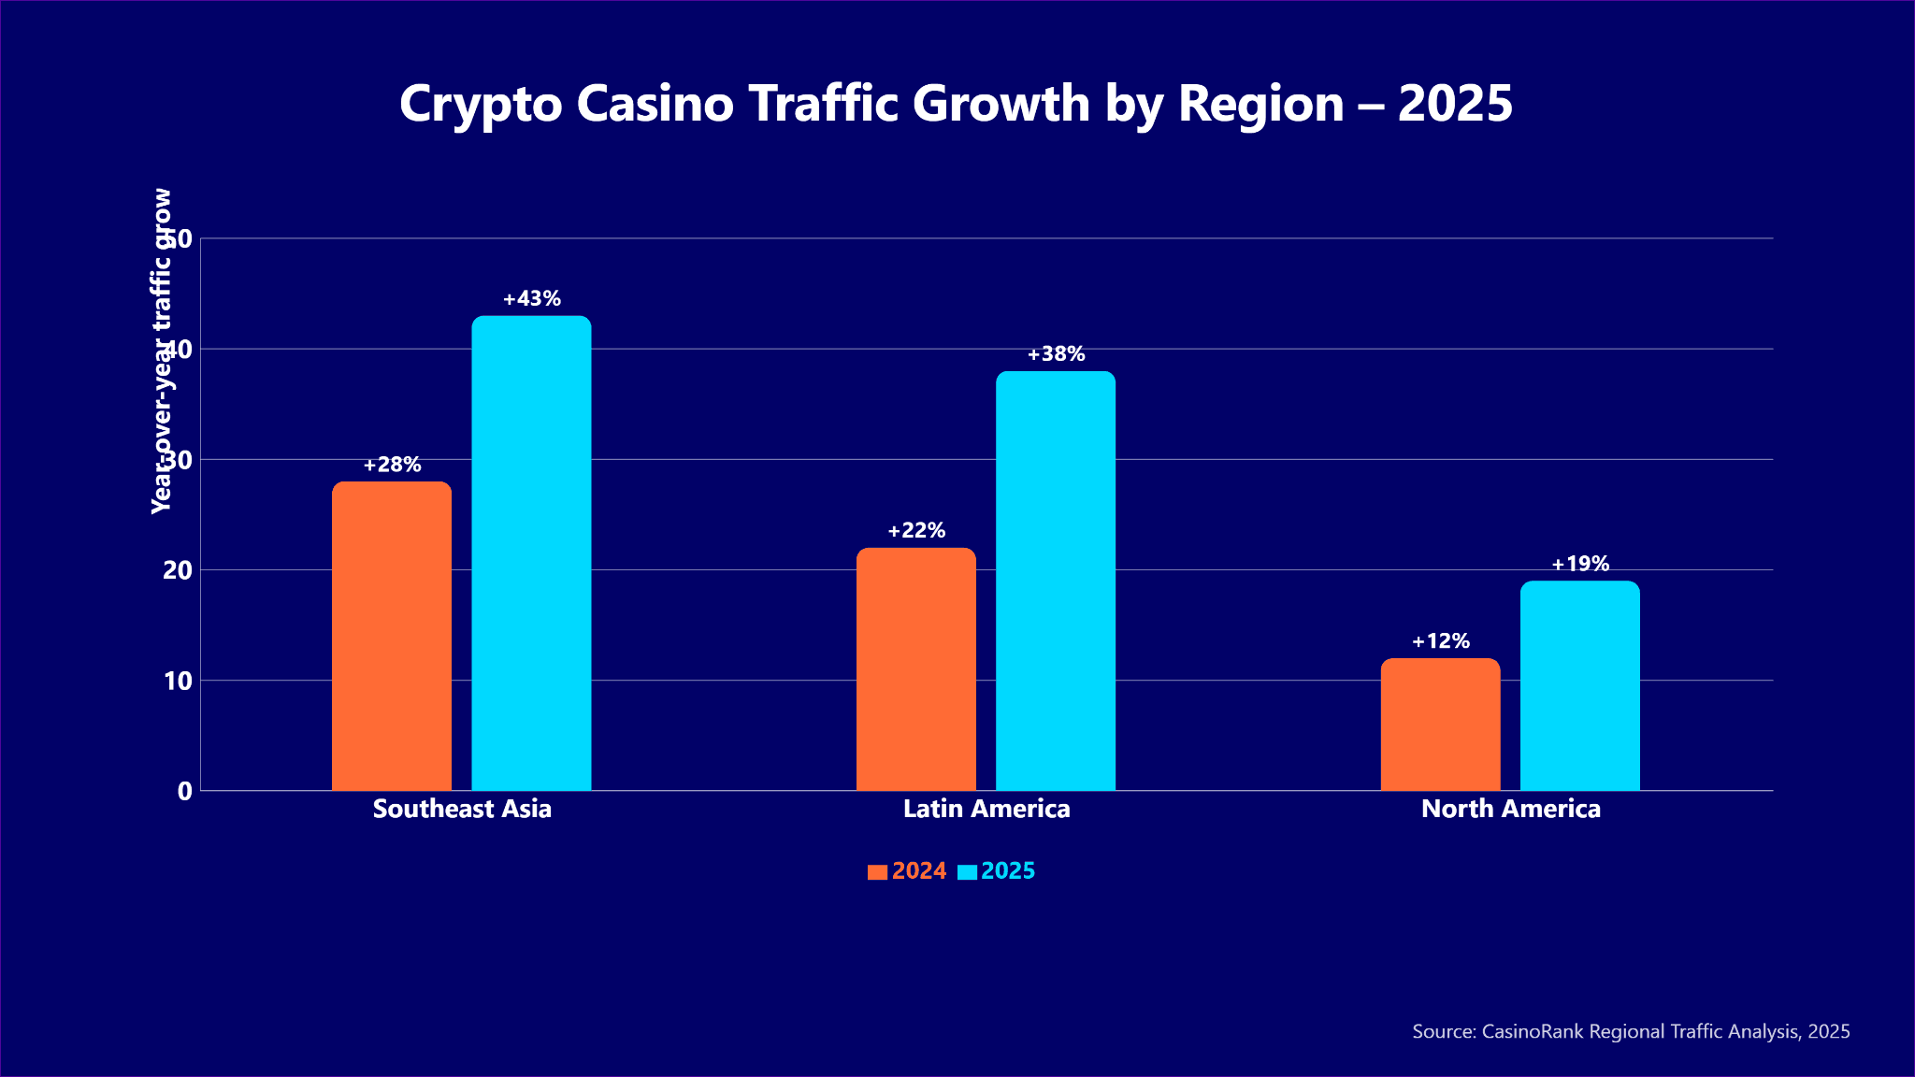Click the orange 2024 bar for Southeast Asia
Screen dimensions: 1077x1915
(x=392, y=636)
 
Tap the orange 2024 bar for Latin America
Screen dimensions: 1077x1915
(x=916, y=669)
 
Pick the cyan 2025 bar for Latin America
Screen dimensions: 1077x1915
(x=1056, y=581)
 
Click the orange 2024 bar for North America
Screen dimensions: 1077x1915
(x=1440, y=725)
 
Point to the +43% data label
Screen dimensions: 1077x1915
(x=532, y=299)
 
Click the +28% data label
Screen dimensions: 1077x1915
(x=393, y=465)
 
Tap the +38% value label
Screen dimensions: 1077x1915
(x=1057, y=354)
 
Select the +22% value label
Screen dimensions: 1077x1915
(x=916, y=531)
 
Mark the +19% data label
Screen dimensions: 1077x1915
(x=1580, y=564)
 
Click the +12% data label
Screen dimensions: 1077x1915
(x=1441, y=641)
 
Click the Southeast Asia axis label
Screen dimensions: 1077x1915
(x=462, y=809)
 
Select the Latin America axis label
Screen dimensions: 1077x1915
(x=986, y=809)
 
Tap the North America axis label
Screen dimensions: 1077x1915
(x=1511, y=809)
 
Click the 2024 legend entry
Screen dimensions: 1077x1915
(x=908, y=871)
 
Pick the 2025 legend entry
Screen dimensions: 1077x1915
(x=998, y=871)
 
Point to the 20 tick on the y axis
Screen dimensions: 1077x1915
(x=178, y=570)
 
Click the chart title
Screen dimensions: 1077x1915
(x=957, y=103)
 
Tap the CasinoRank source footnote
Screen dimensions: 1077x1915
(x=1631, y=1032)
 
